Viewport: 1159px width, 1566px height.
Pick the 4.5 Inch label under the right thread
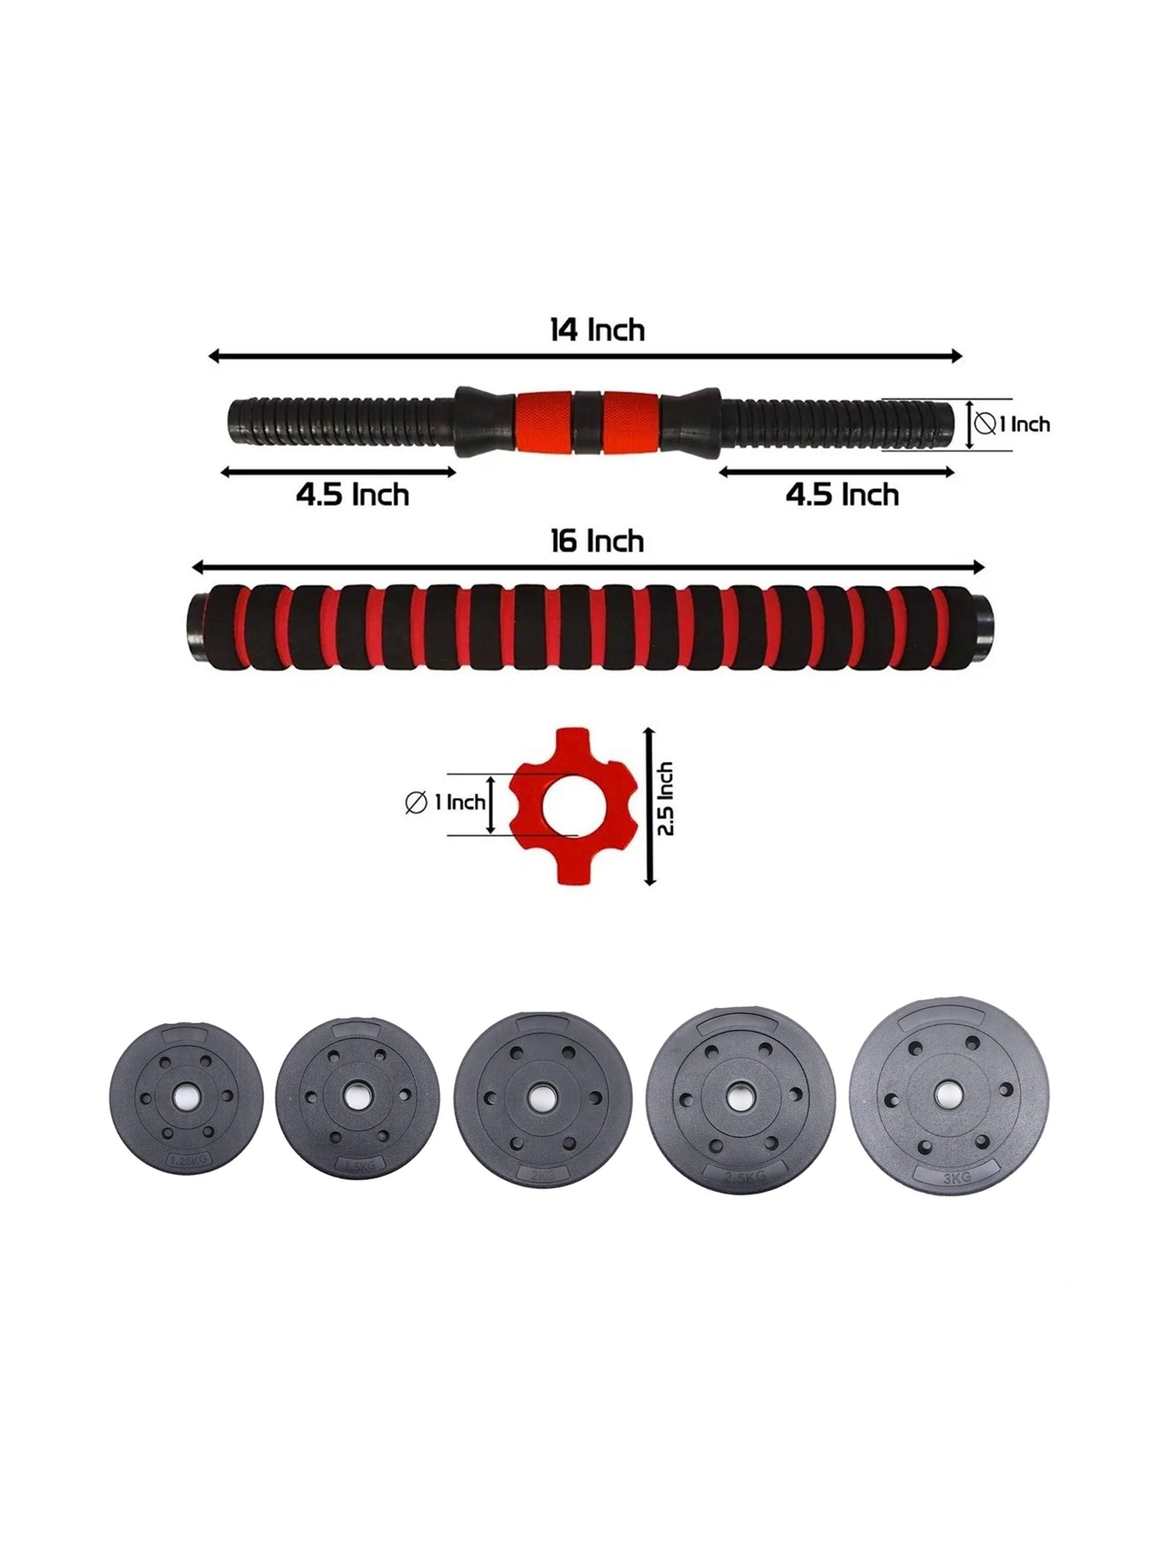(x=842, y=495)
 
